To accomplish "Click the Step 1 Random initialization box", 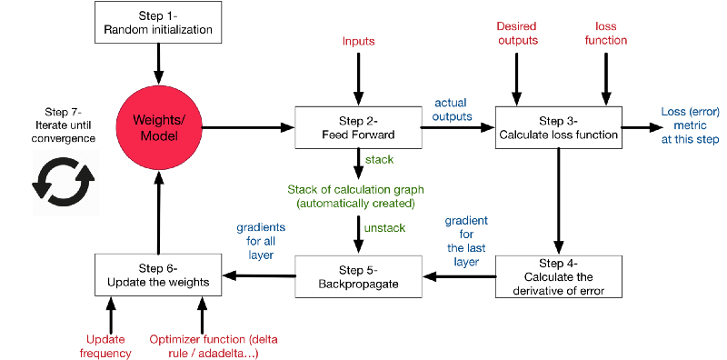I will click(158, 23).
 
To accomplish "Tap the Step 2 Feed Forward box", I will click(358, 128).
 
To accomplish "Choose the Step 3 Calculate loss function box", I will click(558, 128).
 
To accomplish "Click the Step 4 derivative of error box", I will click(558, 276).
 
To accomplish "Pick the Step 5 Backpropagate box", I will click(358, 276).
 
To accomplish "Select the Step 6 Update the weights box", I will click(158, 275).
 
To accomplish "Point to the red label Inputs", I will click(358, 42).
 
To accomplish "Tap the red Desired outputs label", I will click(517, 33).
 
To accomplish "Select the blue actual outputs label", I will click(453, 109).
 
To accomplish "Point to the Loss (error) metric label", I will click(690, 126).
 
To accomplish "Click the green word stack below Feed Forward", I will click(379, 159).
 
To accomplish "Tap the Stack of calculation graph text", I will click(355, 195).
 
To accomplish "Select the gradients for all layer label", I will click(261, 241).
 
